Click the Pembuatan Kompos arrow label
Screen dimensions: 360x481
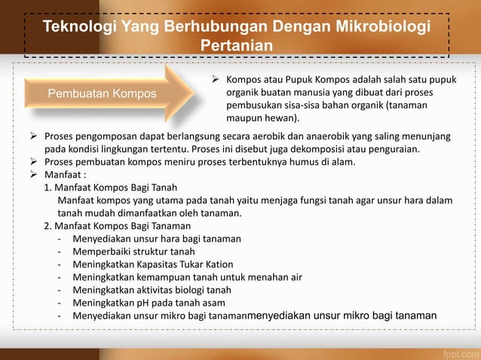pos(103,94)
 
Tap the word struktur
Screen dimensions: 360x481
pos(152,252)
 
